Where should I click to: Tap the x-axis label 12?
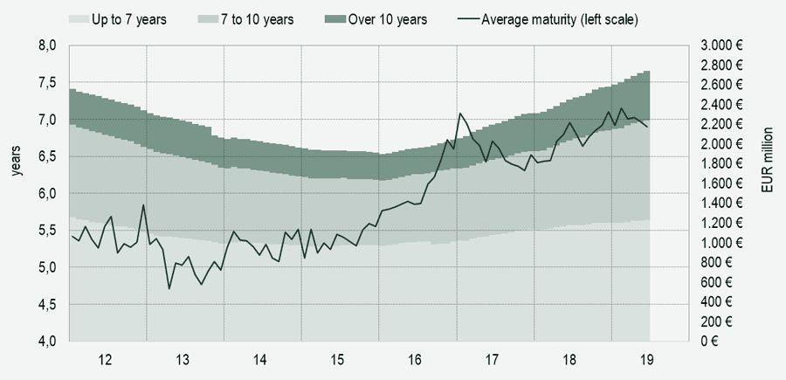(106, 359)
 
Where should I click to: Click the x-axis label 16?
(416, 359)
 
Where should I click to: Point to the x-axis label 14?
(260, 359)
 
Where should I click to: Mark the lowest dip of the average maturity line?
(169, 288)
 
